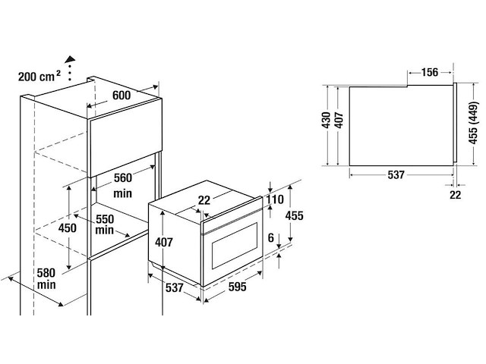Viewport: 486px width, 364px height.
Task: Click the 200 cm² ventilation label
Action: click(x=39, y=76)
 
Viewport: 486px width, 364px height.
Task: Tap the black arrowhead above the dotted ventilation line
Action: click(x=71, y=59)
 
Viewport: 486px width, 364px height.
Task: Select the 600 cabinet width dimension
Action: click(x=121, y=95)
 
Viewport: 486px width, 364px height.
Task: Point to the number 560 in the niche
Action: click(x=123, y=178)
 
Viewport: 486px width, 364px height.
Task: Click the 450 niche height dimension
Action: click(x=68, y=228)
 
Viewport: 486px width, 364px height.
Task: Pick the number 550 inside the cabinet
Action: click(x=105, y=219)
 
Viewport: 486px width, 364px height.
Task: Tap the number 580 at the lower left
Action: click(x=46, y=273)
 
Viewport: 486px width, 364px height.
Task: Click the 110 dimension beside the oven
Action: click(x=275, y=199)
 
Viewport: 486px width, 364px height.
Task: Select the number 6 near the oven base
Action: click(x=271, y=238)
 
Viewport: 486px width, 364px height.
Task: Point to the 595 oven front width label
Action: click(x=238, y=287)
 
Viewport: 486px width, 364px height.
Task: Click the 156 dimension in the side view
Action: click(x=430, y=73)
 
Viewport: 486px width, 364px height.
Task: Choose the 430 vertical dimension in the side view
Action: click(x=326, y=121)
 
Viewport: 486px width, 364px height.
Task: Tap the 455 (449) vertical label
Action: click(x=474, y=123)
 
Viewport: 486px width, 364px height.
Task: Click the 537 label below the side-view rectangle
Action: click(x=396, y=175)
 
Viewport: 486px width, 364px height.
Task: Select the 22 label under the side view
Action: click(x=456, y=195)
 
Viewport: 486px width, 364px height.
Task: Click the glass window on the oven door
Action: click(x=235, y=246)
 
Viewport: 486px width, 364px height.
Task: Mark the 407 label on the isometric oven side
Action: click(x=164, y=242)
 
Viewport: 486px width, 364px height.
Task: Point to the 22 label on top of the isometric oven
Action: click(x=204, y=200)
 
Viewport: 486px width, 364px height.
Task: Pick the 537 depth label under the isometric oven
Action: click(x=174, y=288)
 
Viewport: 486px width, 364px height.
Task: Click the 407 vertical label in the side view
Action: click(x=339, y=121)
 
